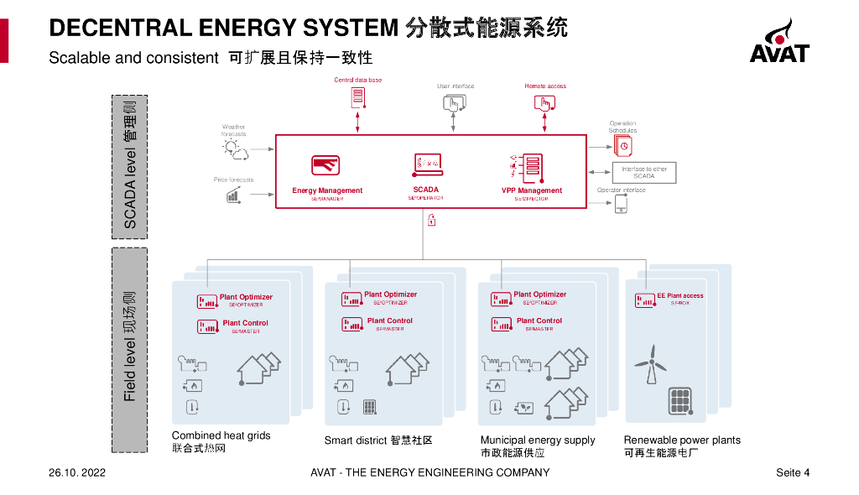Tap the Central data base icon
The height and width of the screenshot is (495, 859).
(358, 97)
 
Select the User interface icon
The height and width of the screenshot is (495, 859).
(453, 103)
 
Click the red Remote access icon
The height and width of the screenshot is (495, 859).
(544, 103)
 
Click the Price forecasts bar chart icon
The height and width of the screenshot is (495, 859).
(232, 195)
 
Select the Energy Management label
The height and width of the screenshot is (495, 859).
(327, 190)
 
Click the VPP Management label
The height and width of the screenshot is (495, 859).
(532, 190)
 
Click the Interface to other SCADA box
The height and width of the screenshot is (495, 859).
(643, 173)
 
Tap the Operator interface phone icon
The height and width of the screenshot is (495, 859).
(622, 204)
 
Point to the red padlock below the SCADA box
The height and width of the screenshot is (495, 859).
(431, 221)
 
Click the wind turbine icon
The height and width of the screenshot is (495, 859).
(650, 366)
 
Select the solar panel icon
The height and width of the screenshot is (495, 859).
(679, 401)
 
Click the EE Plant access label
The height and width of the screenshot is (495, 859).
(679, 296)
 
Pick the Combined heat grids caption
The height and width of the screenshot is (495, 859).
(221, 436)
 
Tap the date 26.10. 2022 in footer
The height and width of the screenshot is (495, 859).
(77, 473)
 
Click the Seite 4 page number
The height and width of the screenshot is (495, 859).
(793, 473)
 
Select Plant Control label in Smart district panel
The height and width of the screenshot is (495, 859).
(389, 320)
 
